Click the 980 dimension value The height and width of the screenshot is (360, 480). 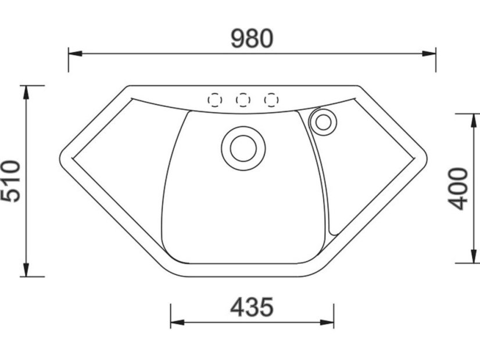pos(252,38)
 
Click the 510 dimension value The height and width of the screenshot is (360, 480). pos(11,181)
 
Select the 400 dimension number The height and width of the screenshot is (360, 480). pos(458,188)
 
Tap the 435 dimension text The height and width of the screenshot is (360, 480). pos(251,307)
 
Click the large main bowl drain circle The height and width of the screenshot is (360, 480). pos(243,147)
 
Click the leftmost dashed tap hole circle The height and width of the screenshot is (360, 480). pos(214,100)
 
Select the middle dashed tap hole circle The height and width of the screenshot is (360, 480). pos(243,100)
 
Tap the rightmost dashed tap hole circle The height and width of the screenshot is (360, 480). pos(271,100)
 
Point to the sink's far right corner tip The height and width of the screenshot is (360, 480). pos(426,159)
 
